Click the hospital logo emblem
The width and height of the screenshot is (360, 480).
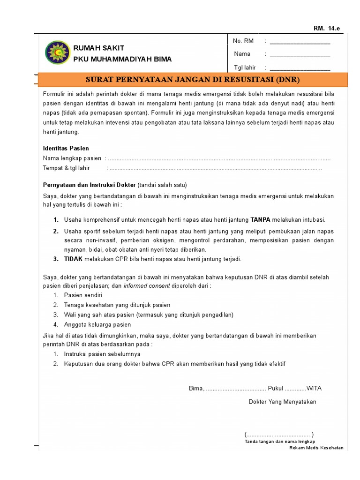click(56, 53)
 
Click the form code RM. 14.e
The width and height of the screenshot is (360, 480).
click(327, 29)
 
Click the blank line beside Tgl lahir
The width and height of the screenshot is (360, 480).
click(300, 68)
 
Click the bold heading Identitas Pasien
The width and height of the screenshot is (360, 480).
click(66, 148)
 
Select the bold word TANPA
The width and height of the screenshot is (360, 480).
click(261, 219)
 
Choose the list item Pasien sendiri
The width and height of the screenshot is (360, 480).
click(83, 295)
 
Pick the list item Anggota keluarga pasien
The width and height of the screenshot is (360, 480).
click(97, 324)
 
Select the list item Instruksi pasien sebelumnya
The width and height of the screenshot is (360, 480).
click(102, 354)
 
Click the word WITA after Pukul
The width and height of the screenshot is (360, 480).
click(314, 388)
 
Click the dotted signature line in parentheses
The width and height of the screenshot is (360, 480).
click(279, 434)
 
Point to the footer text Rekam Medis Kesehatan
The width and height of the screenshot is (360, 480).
click(316, 448)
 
